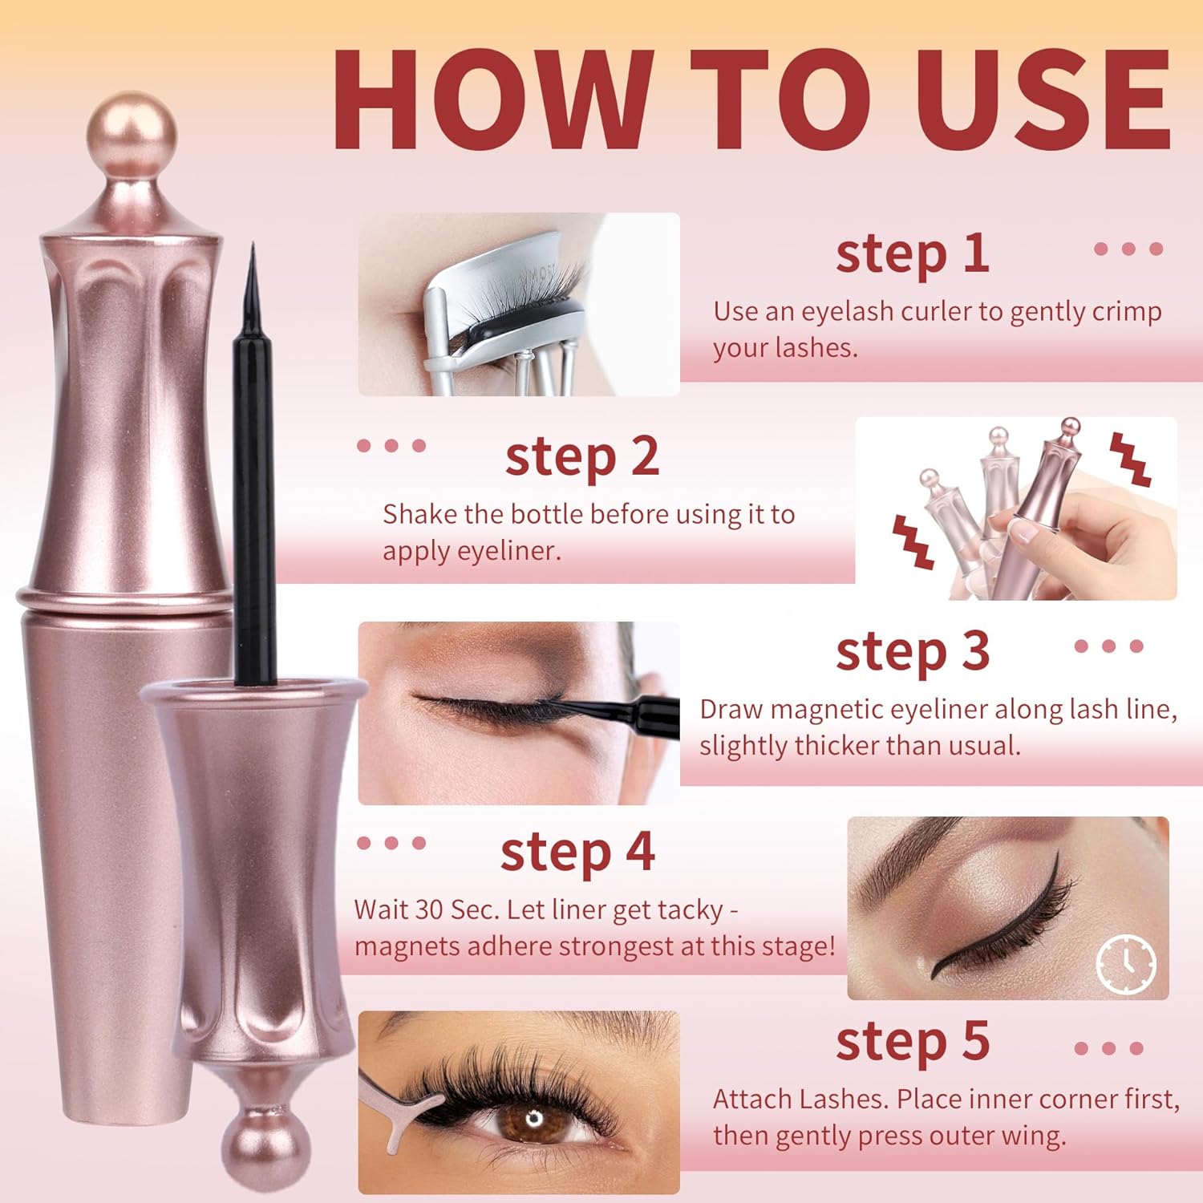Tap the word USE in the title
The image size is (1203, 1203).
1043,99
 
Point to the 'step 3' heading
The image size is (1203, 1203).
912,651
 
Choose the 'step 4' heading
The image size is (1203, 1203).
577,852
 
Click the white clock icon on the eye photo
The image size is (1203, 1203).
1126,963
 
